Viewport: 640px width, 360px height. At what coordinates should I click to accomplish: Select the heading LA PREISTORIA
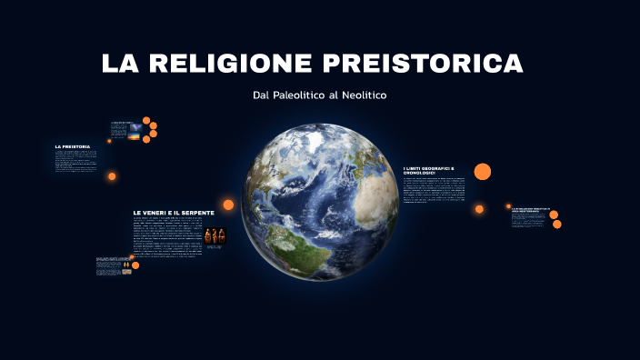click(x=72, y=146)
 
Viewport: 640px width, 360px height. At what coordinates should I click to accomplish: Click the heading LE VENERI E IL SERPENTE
click(x=173, y=213)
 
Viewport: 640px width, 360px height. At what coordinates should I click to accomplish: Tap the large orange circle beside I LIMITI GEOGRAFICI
click(x=483, y=171)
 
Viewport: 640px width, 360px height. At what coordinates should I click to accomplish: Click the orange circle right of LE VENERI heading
click(x=228, y=205)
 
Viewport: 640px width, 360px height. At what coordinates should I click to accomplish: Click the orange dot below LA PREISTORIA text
click(x=112, y=176)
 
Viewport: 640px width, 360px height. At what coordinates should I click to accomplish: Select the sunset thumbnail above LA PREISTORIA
click(x=134, y=134)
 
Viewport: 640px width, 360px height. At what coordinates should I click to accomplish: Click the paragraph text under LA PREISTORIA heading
click(x=75, y=161)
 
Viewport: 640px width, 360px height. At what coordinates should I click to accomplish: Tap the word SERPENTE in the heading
click(x=197, y=213)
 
